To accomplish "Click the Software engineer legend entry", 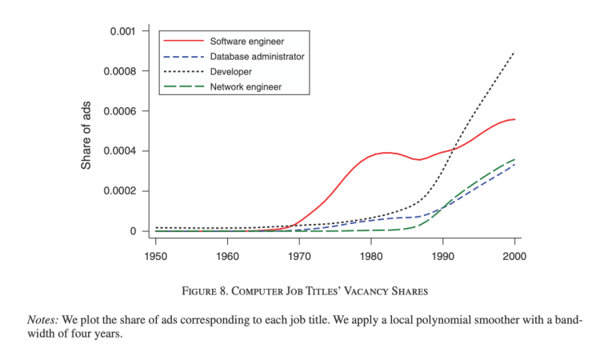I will pyautogui.click(x=247, y=41).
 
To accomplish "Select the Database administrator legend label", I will pyautogui.click(x=257, y=56).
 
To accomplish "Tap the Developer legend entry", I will pyautogui.click(x=231, y=71).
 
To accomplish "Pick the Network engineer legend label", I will pyautogui.click(x=246, y=86).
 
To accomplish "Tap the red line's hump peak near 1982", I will pyautogui.click(x=386, y=152).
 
